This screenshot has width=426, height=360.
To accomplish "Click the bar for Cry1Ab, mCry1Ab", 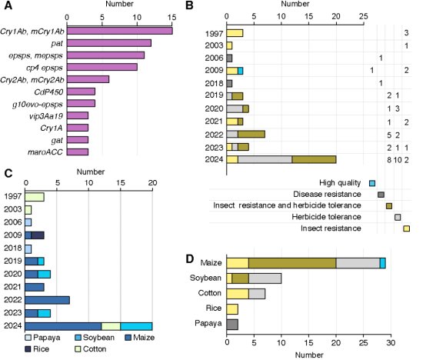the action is click(120, 31).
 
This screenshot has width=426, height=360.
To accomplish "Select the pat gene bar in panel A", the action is click(109, 43).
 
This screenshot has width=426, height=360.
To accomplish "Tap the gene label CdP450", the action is click(48, 92).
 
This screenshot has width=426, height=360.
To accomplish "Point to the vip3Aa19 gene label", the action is click(46, 116).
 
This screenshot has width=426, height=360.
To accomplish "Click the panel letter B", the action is click(189, 5).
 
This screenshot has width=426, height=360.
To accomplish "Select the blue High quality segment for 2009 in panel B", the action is click(241, 71).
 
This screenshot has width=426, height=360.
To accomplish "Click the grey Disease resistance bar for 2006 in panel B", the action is click(229, 58).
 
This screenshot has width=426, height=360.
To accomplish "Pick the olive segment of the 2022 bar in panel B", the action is click(251, 134).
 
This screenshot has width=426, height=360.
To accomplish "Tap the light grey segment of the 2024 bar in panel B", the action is click(265, 159).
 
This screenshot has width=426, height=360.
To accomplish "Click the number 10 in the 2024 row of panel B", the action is click(398, 160).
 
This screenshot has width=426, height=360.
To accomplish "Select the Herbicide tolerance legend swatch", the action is click(398, 217).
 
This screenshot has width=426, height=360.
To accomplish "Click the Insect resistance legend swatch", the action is click(407, 228).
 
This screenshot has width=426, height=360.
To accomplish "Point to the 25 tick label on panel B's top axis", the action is click(363, 16).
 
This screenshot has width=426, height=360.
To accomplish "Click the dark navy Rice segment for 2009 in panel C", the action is click(38, 235).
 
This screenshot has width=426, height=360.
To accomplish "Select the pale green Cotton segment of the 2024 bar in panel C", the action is click(111, 326).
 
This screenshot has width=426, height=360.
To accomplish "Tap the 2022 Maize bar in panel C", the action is click(47, 300).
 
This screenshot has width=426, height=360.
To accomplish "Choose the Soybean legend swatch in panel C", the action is click(78, 338).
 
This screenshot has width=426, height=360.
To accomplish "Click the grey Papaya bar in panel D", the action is click(232, 325).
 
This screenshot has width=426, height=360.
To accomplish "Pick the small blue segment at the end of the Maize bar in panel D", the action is click(383, 263).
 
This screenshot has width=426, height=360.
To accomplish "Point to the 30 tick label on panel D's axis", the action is click(391, 342).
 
